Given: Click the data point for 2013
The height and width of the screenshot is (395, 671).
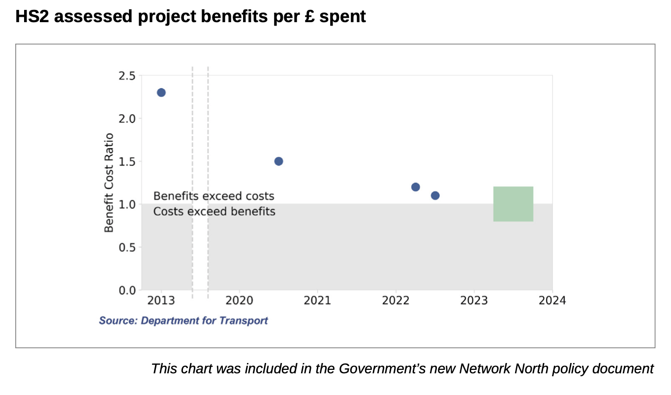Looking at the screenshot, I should [161, 93].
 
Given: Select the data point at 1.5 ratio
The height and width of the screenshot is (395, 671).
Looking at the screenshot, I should [278, 161].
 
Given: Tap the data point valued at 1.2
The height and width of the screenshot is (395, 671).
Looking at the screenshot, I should [415, 187].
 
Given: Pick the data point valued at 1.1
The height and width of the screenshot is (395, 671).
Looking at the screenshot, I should [435, 196].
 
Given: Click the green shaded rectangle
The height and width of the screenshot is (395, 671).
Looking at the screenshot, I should [513, 204].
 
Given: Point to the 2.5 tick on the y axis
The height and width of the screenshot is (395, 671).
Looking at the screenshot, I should [127, 76].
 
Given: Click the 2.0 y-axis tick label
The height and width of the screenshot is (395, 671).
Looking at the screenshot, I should [127, 119].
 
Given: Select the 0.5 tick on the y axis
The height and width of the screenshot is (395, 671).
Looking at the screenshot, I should [127, 247].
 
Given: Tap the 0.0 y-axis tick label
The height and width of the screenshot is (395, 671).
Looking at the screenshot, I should [127, 290].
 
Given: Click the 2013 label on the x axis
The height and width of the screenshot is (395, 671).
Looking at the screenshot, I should [161, 301].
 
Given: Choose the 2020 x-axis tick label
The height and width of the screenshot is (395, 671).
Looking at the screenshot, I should [239, 301].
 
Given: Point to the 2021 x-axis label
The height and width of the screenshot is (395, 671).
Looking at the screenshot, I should [317, 301].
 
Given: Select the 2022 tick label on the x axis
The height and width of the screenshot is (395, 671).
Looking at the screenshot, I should [396, 301].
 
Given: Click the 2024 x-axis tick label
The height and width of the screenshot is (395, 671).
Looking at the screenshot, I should [552, 301].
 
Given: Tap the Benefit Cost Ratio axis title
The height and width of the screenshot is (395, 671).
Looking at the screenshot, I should [109, 183].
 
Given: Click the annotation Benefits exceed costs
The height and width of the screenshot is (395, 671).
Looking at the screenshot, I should [213, 196].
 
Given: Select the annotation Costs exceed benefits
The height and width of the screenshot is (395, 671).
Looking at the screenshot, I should [214, 212].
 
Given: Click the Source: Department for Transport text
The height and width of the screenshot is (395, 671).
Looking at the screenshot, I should [183, 321].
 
